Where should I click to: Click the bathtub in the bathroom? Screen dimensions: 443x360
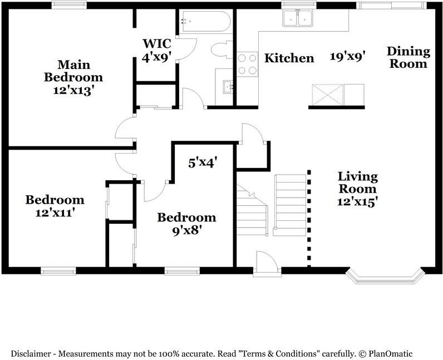206,22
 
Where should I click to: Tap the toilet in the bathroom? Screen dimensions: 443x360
222,50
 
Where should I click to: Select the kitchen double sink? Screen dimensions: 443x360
298,18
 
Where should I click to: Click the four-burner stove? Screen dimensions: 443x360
248,64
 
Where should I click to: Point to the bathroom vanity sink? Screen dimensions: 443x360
228,86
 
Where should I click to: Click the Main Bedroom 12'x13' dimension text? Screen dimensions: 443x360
73,91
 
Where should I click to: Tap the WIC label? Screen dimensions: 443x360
157,44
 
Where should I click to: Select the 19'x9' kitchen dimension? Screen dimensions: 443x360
348,57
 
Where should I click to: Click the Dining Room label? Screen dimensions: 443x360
408,57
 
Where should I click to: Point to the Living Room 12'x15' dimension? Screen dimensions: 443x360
358,202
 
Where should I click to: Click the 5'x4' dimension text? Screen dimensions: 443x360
203,163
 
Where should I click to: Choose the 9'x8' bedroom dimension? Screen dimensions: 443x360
187,231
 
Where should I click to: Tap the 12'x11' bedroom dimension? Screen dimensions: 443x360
55,213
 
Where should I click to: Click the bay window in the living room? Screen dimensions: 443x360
386,276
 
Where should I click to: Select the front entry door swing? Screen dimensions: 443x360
267,263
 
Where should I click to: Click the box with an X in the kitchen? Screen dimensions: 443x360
327,95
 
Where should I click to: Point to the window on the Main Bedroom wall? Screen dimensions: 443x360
69,5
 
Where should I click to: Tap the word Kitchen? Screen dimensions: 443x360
289,58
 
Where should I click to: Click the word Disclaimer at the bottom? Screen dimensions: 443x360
31,354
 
